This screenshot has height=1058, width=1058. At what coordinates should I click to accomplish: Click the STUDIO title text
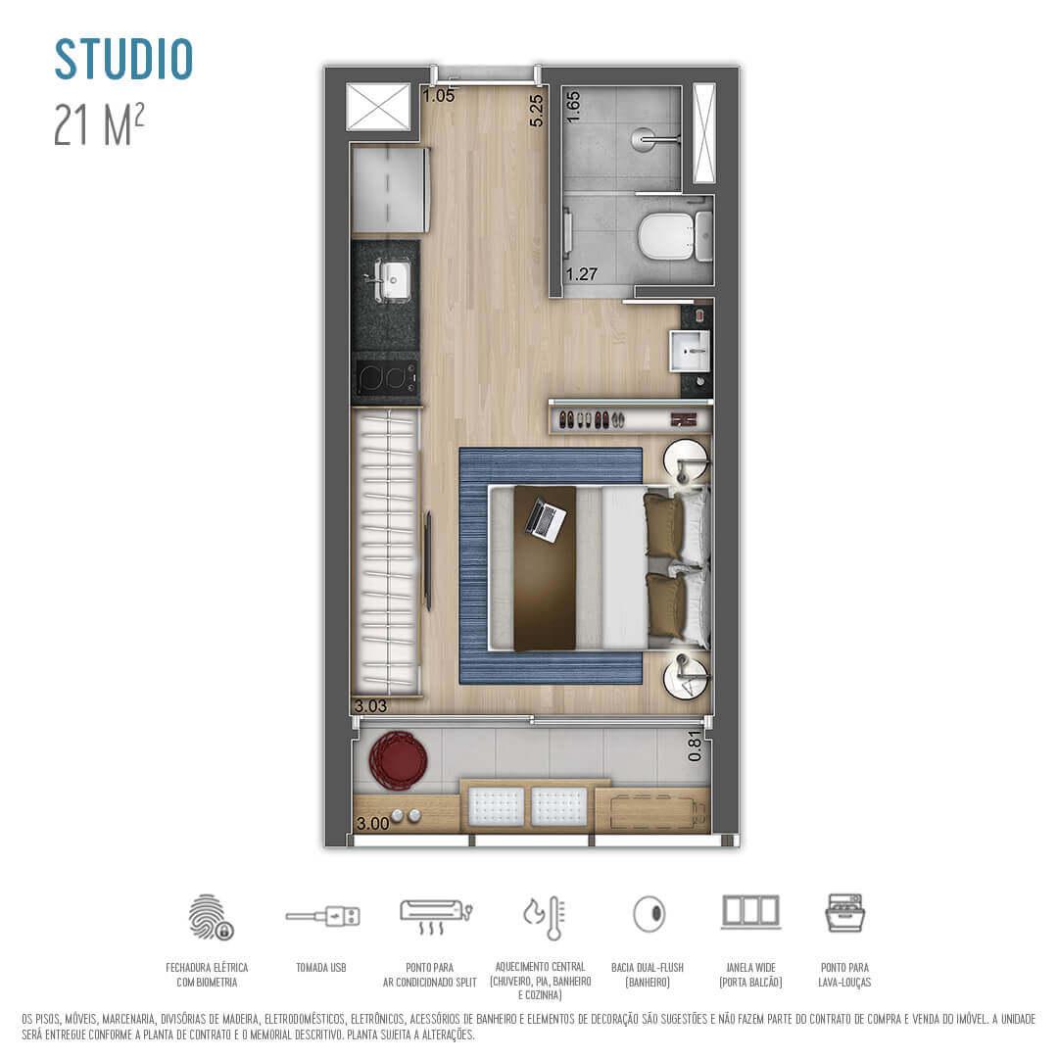(123, 60)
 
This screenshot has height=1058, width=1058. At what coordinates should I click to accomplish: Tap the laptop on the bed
(546, 519)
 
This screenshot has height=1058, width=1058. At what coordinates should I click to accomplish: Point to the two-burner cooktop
(386, 378)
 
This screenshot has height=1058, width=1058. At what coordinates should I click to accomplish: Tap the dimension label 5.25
(536, 111)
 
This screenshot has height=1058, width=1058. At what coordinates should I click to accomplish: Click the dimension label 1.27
(581, 274)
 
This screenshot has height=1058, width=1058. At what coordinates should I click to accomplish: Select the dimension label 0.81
(696, 746)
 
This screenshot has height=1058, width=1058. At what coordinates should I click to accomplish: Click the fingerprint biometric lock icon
(210, 917)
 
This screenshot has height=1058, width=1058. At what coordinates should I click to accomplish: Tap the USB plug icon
(322, 917)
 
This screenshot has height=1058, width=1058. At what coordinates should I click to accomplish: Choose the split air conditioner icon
(435, 915)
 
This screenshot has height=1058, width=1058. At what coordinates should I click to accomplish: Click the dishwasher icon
(844, 913)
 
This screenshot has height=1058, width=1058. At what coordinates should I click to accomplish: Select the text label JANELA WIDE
(750, 967)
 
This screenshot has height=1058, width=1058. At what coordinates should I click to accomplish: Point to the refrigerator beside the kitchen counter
(389, 190)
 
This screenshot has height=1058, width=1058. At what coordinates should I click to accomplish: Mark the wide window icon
(750, 911)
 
